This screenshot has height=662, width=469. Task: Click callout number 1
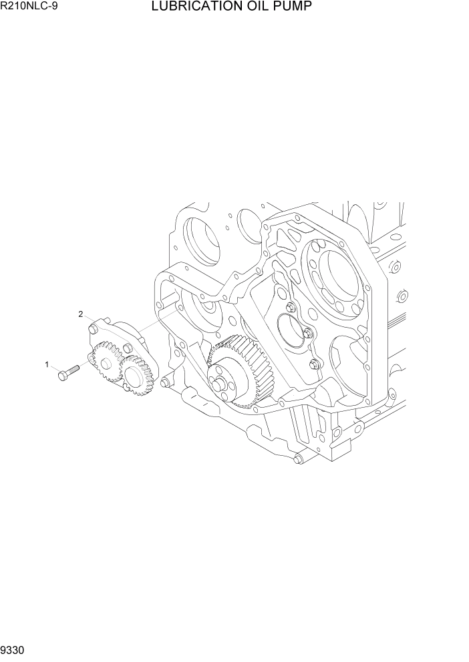[47, 364]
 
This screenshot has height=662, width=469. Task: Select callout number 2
[81, 314]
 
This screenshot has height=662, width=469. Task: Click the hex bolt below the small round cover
[315, 364]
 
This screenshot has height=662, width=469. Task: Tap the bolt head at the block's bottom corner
[298, 458]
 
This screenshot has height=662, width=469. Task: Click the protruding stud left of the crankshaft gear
[165, 383]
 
